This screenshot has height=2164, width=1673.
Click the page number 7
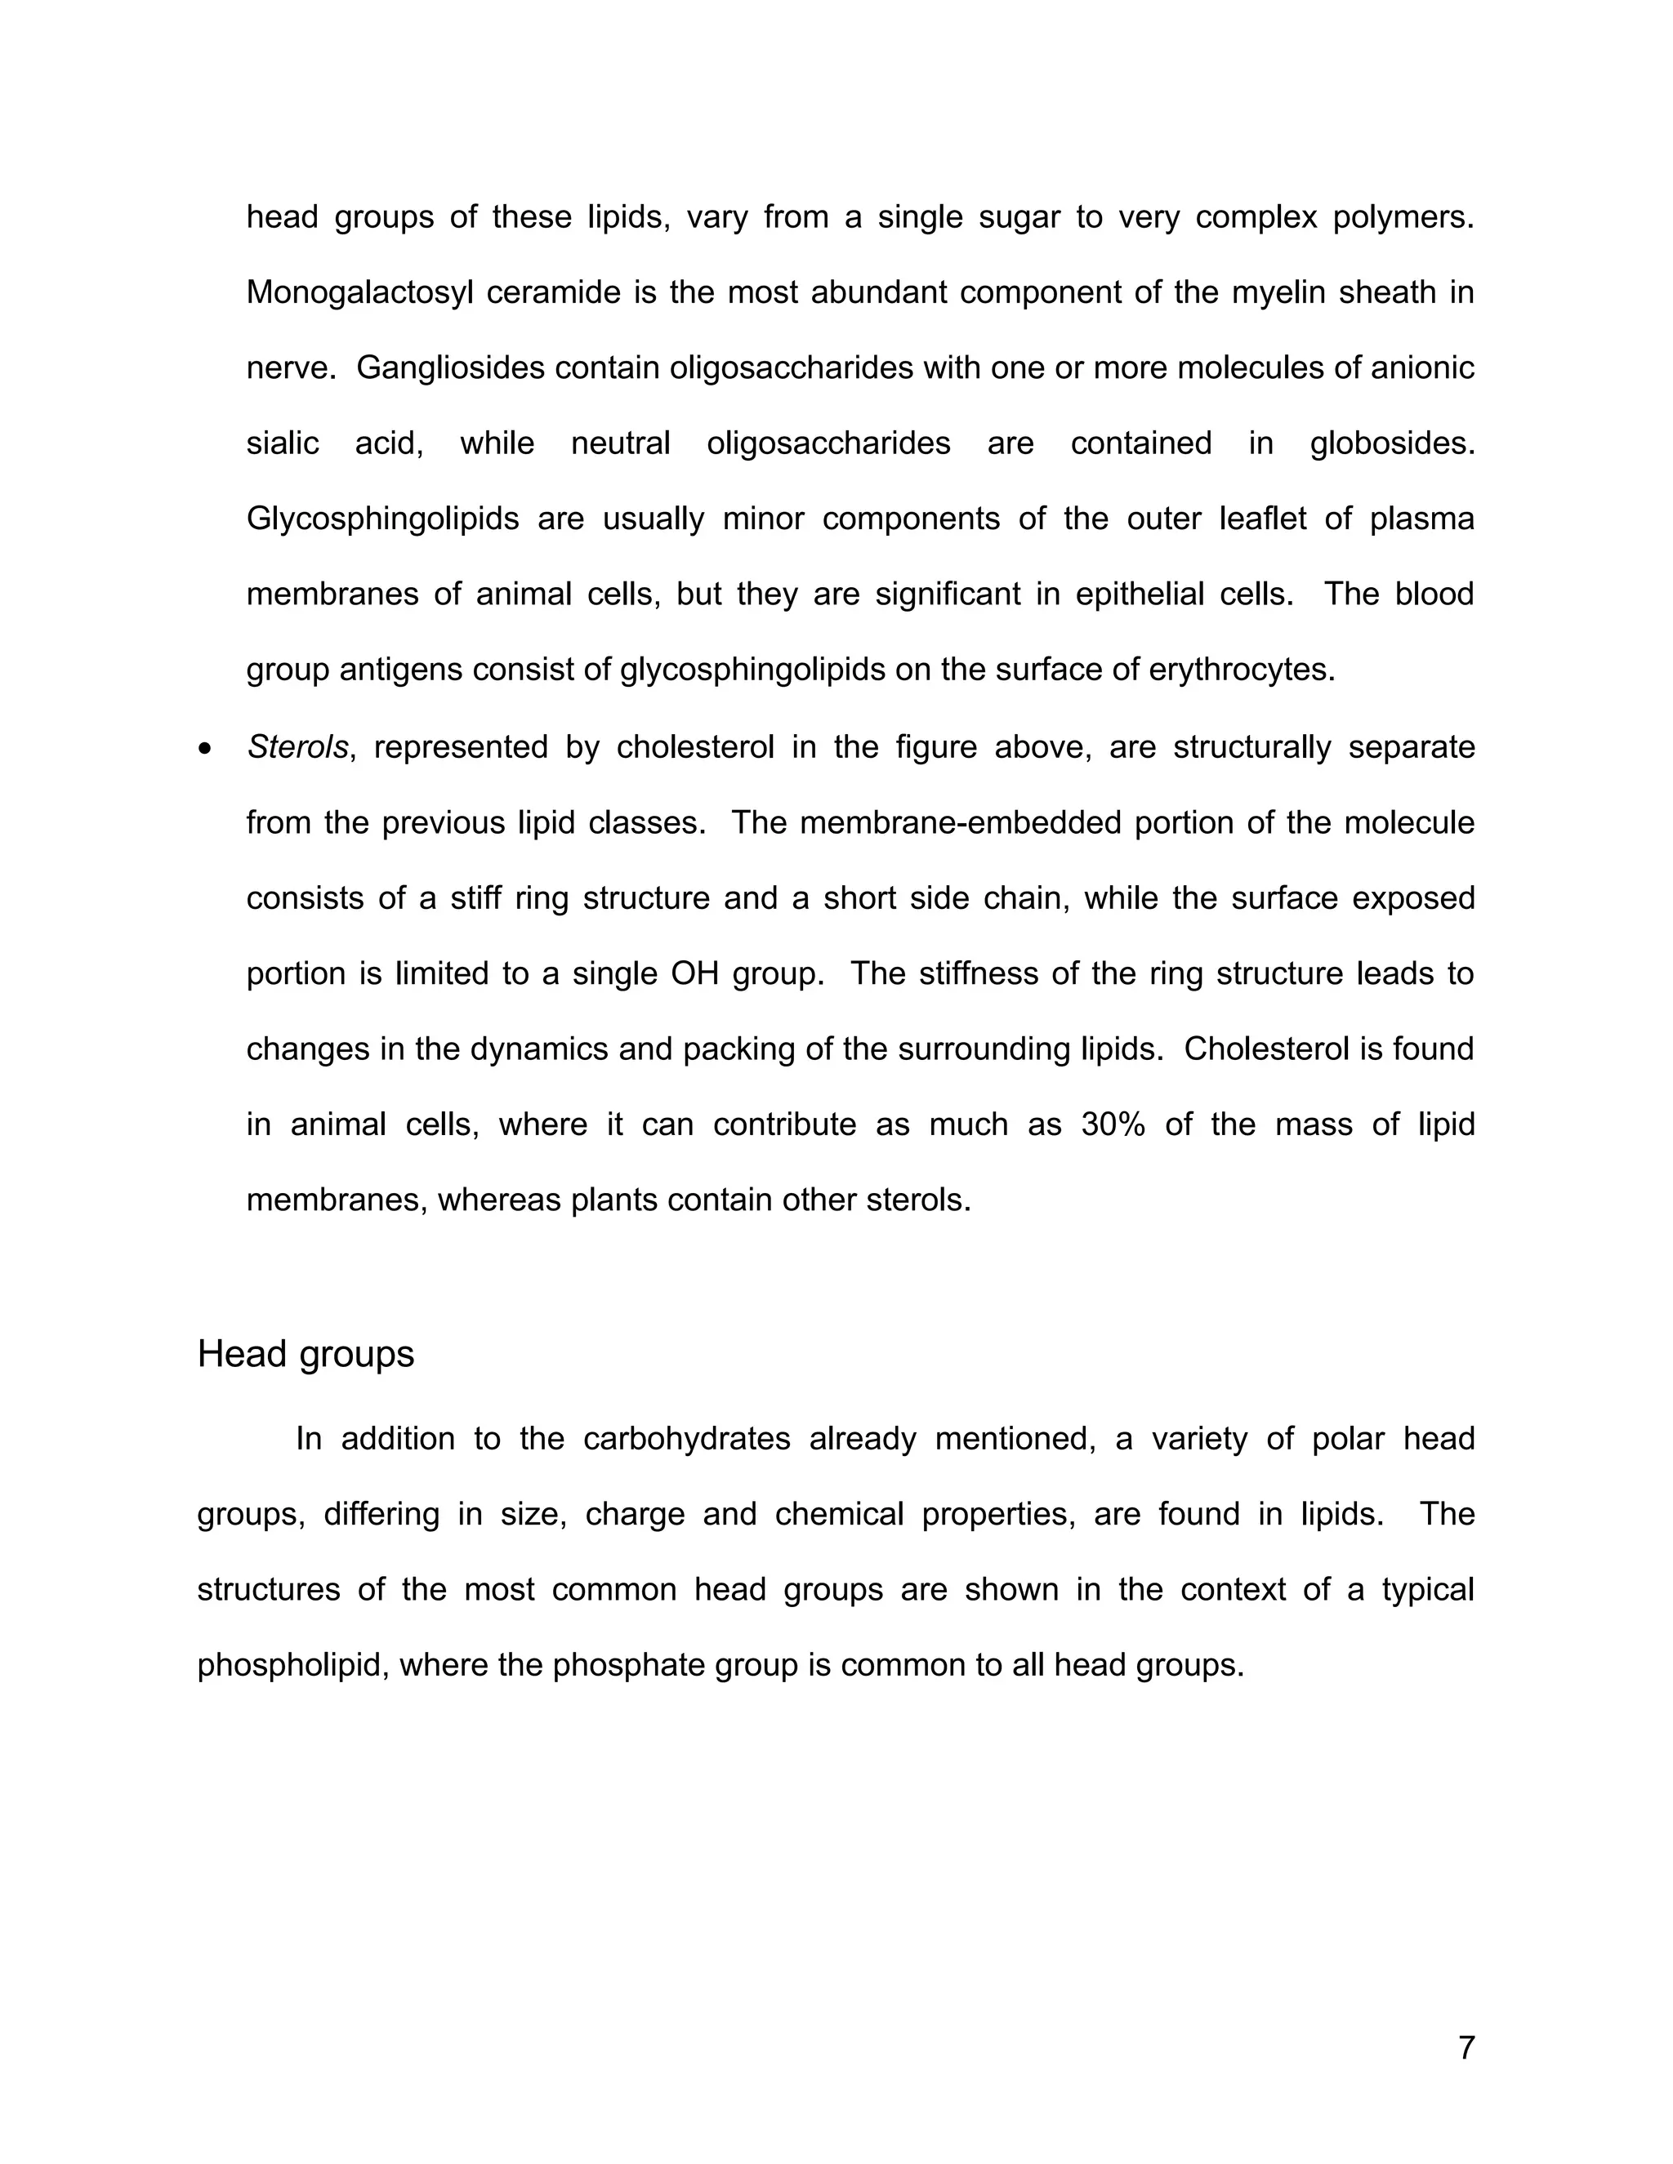point(1466,2047)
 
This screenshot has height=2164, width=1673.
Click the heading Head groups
point(306,1353)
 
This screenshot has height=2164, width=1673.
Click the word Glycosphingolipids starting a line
point(382,519)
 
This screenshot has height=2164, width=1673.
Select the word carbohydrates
point(686,1439)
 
